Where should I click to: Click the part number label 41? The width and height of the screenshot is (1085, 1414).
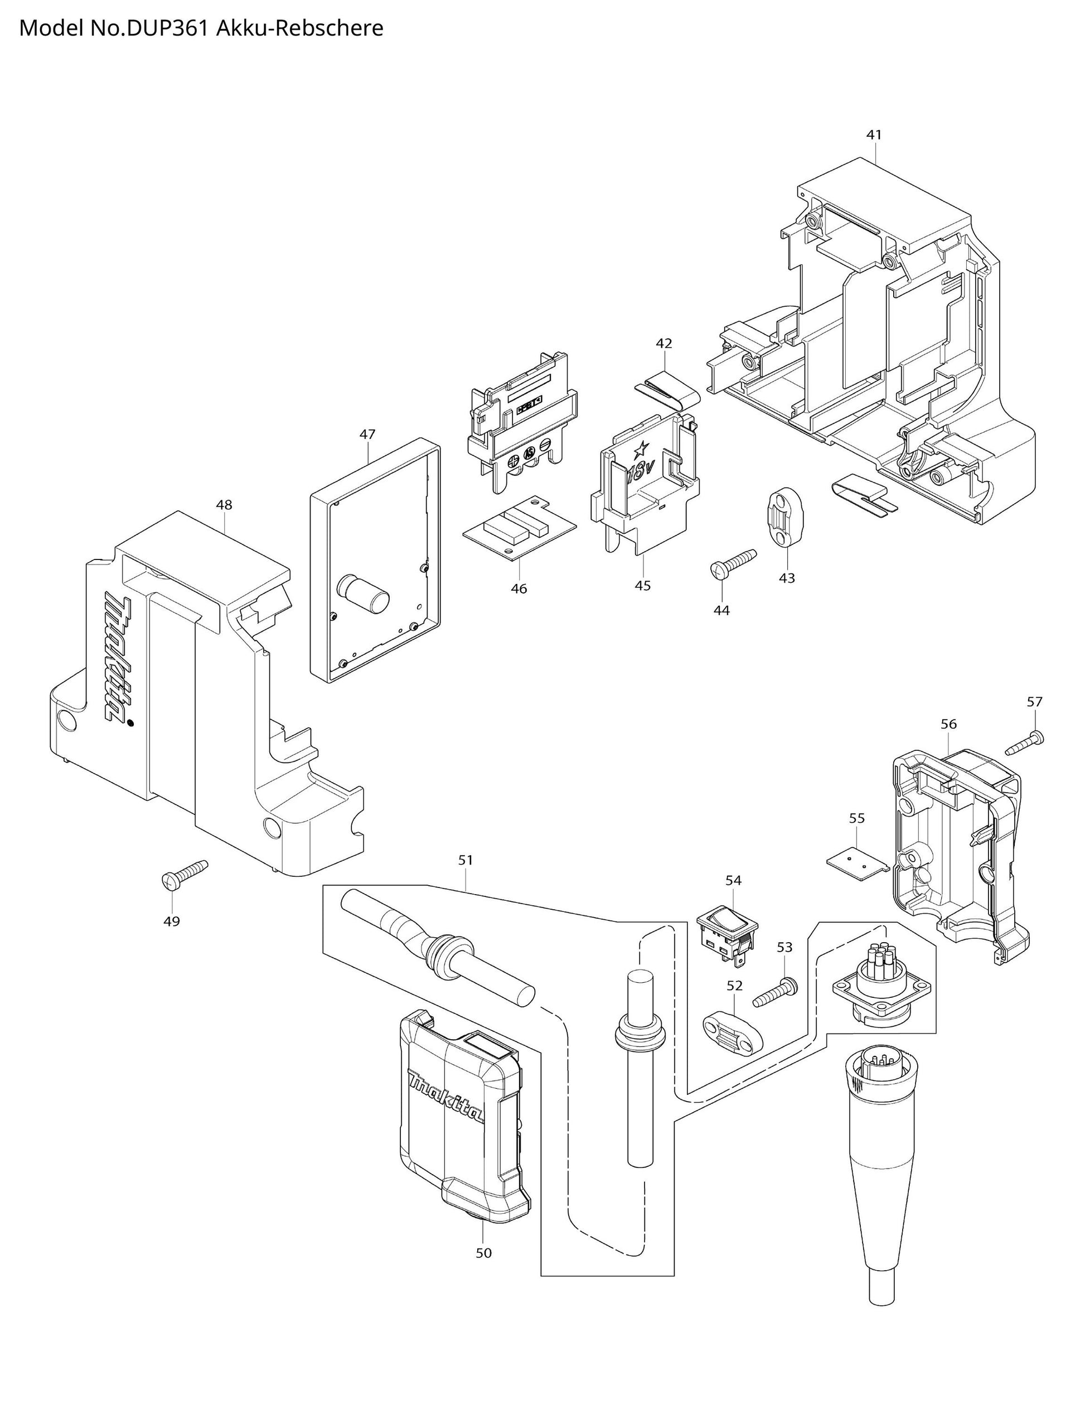(x=874, y=135)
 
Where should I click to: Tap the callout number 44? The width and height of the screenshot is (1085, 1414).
(x=721, y=610)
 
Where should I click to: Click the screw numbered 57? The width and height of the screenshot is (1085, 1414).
(x=1025, y=742)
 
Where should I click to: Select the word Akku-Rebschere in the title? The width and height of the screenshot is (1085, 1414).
(x=299, y=28)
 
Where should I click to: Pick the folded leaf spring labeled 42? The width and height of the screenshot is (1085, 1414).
(x=668, y=389)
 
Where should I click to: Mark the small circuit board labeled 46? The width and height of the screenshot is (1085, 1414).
(x=521, y=532)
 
